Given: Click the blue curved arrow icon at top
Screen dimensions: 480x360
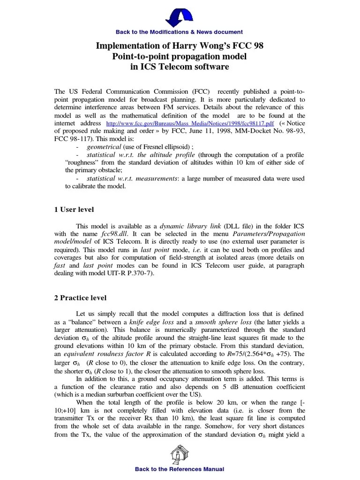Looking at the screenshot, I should (x=180, y=15).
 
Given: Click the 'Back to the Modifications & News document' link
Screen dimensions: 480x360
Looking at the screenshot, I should (x=180, y=32).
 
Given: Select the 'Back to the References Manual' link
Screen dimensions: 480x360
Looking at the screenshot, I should (x=180, y=469).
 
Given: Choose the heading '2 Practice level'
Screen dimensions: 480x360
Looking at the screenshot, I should (x=81, y=298).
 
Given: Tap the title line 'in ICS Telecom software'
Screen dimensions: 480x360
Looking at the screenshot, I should (x=180, y=67).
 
